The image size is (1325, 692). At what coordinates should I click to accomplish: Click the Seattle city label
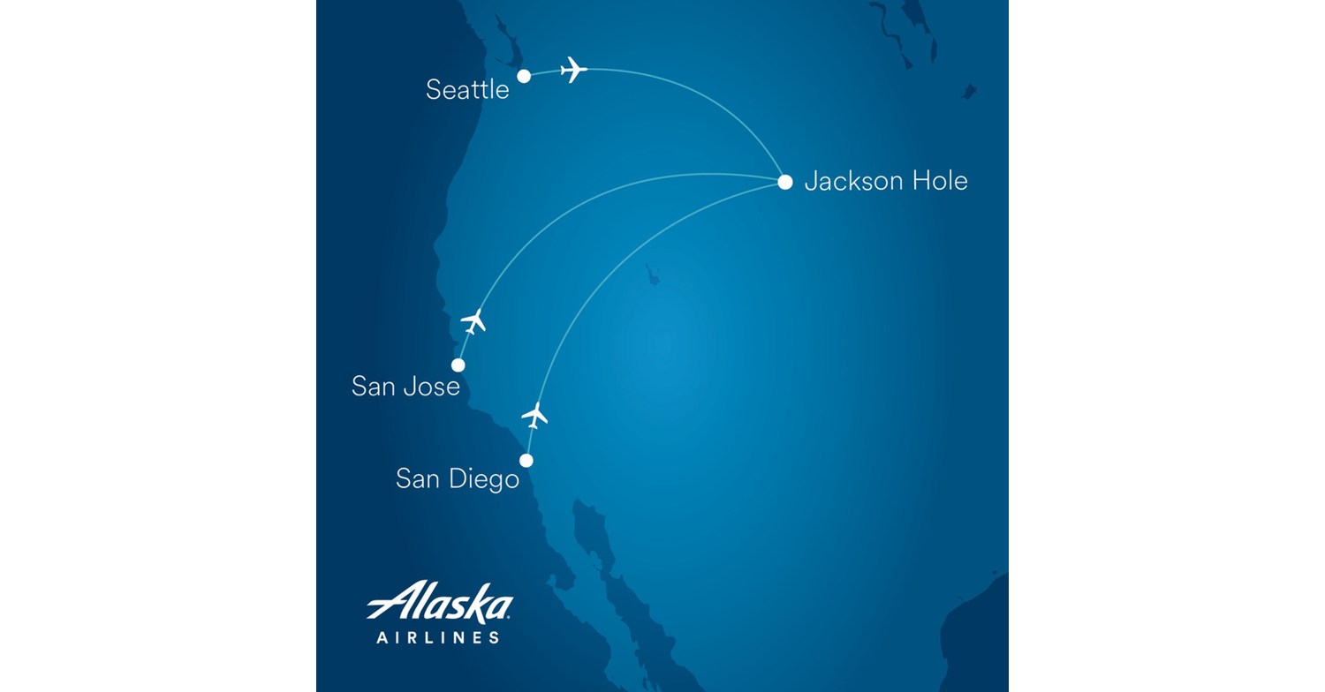click(467, 89)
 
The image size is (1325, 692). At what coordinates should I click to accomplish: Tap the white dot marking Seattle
click(524, 76)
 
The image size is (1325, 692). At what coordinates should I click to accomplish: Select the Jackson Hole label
click(886, 181)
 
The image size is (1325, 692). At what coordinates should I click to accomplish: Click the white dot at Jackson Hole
click(784, 183)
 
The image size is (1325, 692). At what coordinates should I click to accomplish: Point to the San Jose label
click(405, 386)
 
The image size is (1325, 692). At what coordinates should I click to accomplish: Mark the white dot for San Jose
click(458, 365)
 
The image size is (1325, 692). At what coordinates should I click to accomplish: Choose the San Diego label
click(457, 478)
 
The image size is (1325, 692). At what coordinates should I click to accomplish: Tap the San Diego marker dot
click(526, 460)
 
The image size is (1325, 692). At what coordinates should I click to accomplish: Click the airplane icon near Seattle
click(573, 69)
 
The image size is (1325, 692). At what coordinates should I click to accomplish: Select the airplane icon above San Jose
click(473, 321)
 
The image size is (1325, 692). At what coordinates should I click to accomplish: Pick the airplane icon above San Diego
click(534, 414)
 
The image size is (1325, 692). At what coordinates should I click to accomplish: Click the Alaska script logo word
click(440, 605)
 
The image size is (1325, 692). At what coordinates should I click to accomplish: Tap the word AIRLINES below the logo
click(438, 637)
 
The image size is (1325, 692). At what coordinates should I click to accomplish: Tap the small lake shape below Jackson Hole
click(653, 275)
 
